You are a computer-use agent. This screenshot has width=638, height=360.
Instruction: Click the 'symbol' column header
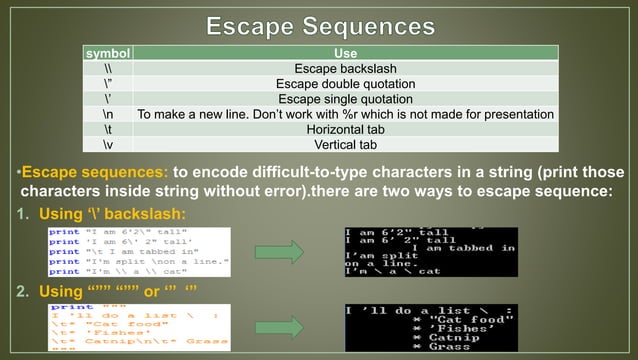coord(107,54)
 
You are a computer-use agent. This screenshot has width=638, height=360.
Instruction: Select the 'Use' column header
coord(345,54)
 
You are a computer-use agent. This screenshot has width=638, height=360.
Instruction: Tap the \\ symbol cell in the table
coord(107,69)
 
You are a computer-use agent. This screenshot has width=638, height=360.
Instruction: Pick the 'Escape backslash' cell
coord(345,69)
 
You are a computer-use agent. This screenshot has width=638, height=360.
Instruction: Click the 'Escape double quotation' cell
coord(345,84)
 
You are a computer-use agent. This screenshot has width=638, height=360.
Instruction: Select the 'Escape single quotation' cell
coord(345,99)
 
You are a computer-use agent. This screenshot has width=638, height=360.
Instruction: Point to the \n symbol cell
coord(107,115)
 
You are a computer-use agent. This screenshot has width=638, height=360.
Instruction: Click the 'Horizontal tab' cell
coord(345,130)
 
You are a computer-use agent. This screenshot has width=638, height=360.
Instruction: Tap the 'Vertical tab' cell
coord(345,145)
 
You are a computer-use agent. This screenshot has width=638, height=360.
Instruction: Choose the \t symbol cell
coord(107,130)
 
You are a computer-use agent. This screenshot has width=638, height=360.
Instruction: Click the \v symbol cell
coord(107,145)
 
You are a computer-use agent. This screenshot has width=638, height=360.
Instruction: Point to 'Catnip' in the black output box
coord(449,337)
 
